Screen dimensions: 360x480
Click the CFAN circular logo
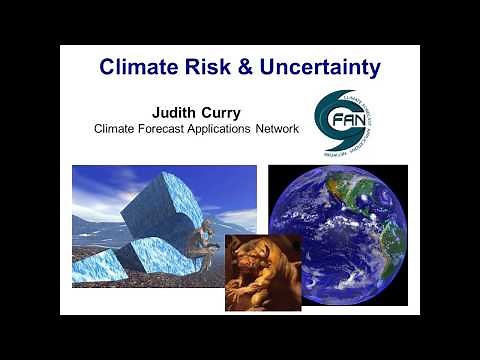pyautogui.click(x=345, y=120)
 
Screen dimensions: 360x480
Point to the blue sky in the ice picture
pyautogui.click(x=100, y=185)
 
